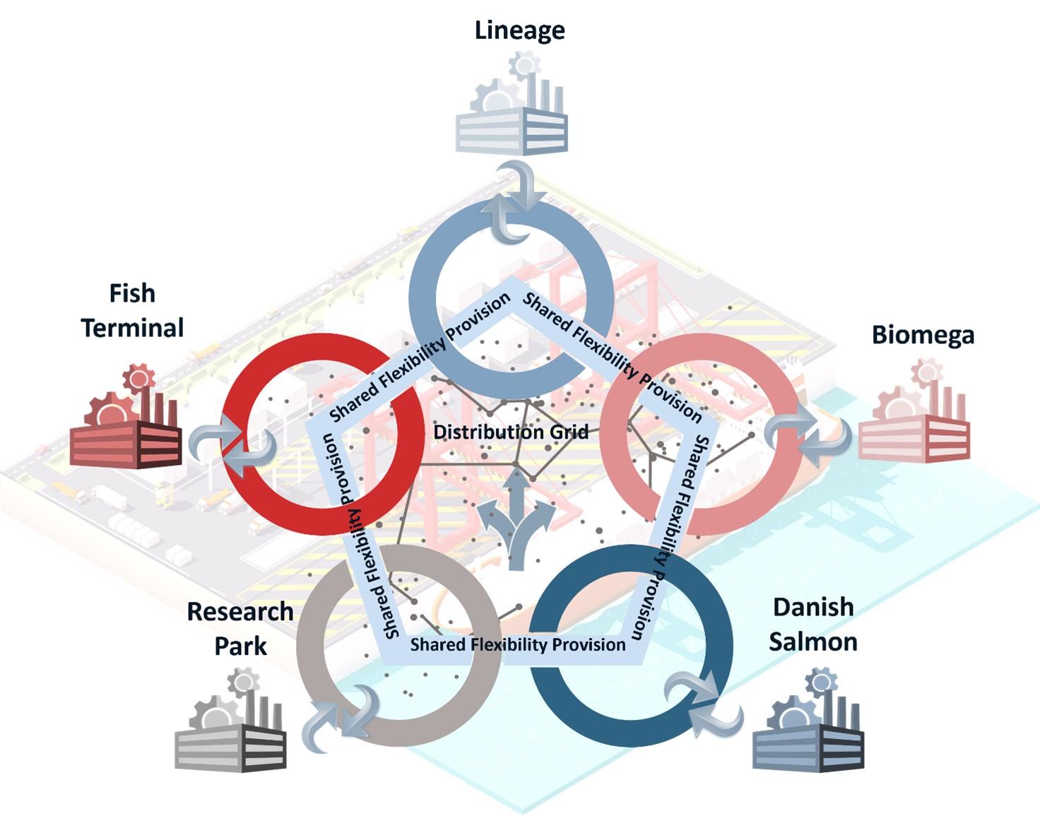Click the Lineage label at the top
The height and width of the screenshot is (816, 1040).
[x=519, y=30]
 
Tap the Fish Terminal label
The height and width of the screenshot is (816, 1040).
[x=132, y=311]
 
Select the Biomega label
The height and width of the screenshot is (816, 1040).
[x=923, y=334]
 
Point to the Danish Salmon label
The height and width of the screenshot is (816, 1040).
[x=813, y=624]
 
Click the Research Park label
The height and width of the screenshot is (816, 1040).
[x=240, y=628]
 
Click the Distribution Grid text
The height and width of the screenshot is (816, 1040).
[x=511, y=432]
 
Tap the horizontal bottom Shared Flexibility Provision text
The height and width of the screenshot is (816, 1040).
[x=518, y=644]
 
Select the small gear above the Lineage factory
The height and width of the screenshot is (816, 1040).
[x=524, y=66]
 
